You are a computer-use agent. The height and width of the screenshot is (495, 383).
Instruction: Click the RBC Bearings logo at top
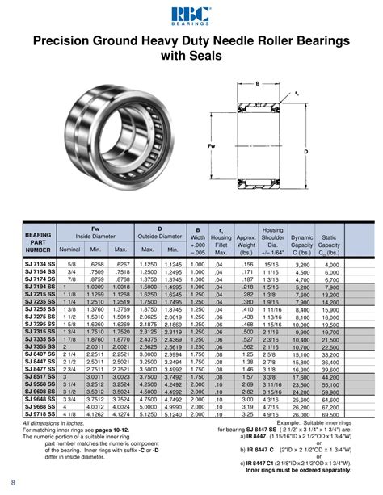pos(191,14)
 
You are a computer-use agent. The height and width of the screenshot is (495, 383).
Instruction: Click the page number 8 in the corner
pos(13,483)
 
